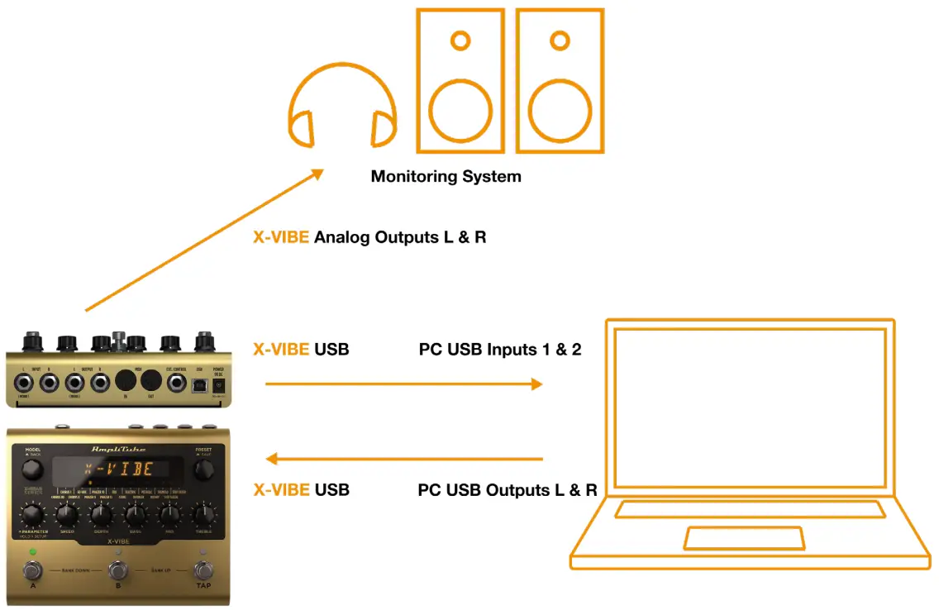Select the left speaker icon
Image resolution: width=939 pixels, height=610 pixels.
tap(460, 80)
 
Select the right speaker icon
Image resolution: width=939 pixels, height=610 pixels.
tap(560, 80)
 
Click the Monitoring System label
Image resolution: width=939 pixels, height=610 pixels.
tap(446, 176)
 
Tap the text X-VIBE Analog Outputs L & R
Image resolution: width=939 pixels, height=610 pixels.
tap(369, 237)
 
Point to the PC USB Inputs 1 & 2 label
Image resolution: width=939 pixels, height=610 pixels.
tap(500, 350)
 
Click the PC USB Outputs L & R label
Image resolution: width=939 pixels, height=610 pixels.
tap(508, 490)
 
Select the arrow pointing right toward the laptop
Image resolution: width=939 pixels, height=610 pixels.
tap(403, 384)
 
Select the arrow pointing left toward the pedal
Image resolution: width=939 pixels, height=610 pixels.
tap(403, 459)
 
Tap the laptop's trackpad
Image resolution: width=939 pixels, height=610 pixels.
tap(744, 538)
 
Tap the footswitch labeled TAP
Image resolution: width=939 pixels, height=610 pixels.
tap(203, 569)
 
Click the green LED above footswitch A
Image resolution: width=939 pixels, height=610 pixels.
tap(32, 550)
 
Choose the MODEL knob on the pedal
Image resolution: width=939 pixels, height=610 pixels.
tap(31, 469)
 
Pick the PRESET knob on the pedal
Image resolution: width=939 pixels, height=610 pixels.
tap(203, 469)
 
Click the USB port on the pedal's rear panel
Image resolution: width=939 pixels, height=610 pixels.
tap(199, 384)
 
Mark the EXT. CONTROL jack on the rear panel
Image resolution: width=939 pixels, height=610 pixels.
tap(176, 382)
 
